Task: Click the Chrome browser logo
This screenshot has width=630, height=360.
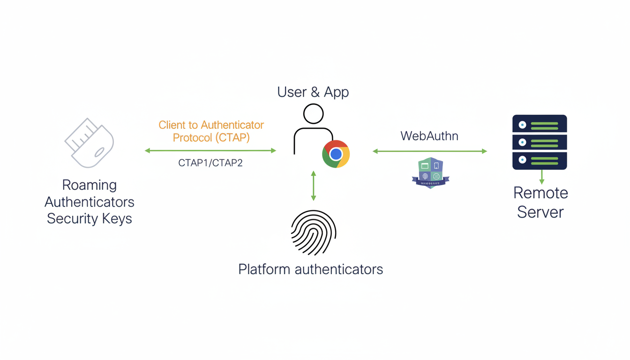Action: [x=336, y=154]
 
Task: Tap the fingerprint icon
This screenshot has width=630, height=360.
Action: [x=314, y=232]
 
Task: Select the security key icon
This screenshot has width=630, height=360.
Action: [x=90, y=143]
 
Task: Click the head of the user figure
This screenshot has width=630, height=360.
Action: [x=313, y=114]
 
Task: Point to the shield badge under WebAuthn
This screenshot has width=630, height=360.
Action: [x=430, y=172]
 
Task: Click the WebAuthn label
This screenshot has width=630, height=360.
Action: [x=429, y=136]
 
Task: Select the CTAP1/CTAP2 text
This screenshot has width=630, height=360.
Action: [x=210, y=163]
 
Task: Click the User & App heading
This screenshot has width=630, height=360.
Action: [x=313, y=92]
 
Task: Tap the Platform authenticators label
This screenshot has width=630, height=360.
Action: [x=310, y=269]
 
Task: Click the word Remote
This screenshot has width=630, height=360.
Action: [x=540, y=193]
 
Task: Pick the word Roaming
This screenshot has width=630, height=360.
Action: [x=90, y=185]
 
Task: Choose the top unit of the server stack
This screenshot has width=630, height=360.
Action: [x=540, y=124]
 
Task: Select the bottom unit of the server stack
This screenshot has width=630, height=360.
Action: [x=540, y=160]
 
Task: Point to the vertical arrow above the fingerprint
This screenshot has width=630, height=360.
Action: [x=314, y=186]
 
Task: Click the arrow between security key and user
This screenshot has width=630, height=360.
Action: [x=210, y=150]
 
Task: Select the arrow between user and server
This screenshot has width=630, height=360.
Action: [x=430, y=151]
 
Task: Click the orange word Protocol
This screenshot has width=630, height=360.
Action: [x=192, y=137]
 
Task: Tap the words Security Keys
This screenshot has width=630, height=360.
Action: [x=90, y=218]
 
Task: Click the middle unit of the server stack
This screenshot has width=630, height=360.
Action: [x=540, y=142]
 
